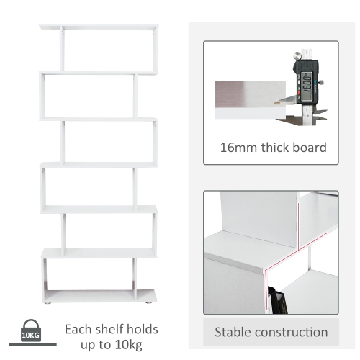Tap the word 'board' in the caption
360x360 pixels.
tap(310, 148)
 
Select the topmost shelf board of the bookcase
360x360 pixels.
tap(99, 27)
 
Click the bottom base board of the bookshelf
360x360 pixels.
tap(99, 295)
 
